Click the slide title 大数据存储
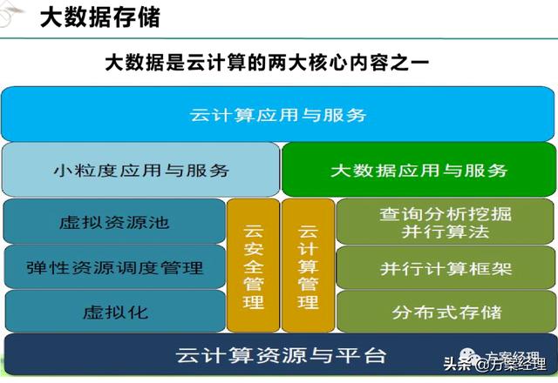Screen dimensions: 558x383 coord(100,17)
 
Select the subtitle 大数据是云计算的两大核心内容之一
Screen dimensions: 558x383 coord(267,63)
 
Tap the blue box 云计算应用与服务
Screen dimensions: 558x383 coord(278,114)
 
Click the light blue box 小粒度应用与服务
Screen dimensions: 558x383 coord(140,170)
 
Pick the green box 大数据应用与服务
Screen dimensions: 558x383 coord(418,170)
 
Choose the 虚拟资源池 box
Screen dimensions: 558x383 coord(114,221)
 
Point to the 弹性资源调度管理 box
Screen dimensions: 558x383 coord(114,267)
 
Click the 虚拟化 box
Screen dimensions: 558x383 coord(115,312)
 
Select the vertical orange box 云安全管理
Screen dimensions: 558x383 coord(254,265)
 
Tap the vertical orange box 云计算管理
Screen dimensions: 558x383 coord(308,265)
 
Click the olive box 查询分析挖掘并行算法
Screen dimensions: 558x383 coord(446,221)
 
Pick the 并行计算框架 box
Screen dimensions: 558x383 coord(446,267)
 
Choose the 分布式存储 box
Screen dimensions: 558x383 coord(446,312)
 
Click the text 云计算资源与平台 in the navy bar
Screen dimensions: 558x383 coord(281,355)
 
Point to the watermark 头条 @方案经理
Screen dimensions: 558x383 coord(495,362)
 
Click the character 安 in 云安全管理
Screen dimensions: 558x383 coord(254,248)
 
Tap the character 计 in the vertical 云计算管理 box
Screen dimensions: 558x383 coord(308,248)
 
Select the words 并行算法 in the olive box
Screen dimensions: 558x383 coord(446,232)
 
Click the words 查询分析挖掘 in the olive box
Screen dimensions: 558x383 coord(446,214)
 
